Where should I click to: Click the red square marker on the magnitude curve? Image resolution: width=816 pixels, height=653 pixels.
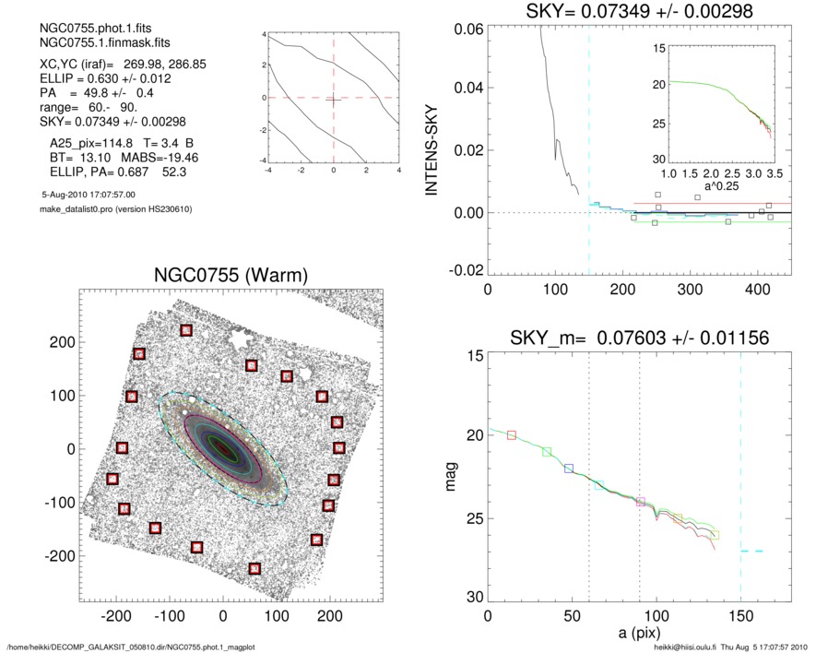[512, 434]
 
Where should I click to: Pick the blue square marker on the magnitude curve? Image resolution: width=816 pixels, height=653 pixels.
[569, 469]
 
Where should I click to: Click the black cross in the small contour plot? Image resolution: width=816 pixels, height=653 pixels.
[333, 97]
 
